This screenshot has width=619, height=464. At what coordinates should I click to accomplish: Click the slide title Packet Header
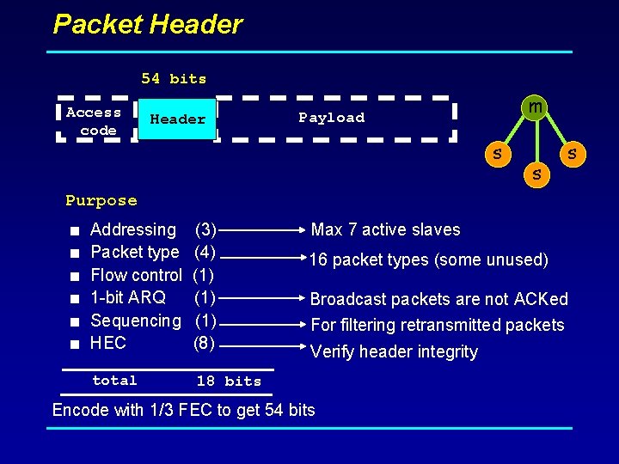coord(148,24)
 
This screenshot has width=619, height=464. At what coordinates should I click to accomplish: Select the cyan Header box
coord(177,119)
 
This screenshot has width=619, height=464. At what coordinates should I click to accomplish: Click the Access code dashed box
coord(94,121)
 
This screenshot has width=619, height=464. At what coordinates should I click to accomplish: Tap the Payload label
coord(331,118)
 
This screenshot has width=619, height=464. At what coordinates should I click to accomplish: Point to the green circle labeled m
coord(535,107)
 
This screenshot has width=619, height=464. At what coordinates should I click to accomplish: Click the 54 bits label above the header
coord(174,79)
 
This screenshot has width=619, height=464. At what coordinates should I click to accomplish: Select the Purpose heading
coord(101,201)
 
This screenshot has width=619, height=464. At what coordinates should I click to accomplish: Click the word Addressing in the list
coord(132,229)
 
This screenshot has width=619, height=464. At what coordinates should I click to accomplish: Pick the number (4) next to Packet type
coord(205,252)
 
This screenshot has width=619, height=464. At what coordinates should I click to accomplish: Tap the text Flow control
coord(136,275)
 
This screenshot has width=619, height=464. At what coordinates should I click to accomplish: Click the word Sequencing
coord(135,321)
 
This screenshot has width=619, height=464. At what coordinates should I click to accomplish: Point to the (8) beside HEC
coord(205,343)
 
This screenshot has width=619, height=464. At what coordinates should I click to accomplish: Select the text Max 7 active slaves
coord(385,229)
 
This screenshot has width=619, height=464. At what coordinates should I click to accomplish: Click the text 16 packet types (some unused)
coord(428,259)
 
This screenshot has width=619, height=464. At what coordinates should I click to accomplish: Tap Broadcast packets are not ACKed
coord(438,299)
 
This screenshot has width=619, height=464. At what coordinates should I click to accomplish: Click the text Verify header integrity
coord(393,351)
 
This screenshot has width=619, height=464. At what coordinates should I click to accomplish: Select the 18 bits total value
coord(228,381)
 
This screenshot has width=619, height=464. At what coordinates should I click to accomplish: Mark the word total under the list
coord(114,380)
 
